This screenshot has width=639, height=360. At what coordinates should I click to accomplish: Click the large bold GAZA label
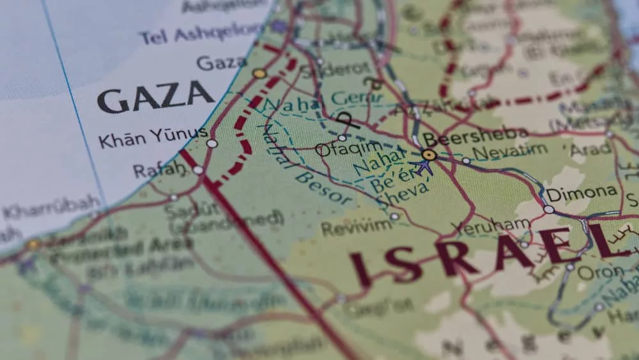tap(155, 97)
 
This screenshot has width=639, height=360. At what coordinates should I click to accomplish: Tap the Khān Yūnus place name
tap(153, 136)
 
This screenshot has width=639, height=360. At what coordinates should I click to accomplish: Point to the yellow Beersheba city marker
tap(429, 155)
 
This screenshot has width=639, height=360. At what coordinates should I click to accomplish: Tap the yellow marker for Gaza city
tap(259, 74)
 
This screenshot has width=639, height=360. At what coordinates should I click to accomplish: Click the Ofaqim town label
tap(339, 150)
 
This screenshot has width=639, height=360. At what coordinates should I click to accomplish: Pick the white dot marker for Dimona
tap(548, 209)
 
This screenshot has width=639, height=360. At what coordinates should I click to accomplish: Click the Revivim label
tap(356, 227)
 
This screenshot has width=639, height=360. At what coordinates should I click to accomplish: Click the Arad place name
tap(590, 149)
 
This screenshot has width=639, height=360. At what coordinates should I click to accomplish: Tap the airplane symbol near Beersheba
tap(422, 167)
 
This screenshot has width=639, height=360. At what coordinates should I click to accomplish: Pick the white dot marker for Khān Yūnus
tap(212, 143)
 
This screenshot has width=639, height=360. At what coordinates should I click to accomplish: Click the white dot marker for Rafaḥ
tap(198, 170)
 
